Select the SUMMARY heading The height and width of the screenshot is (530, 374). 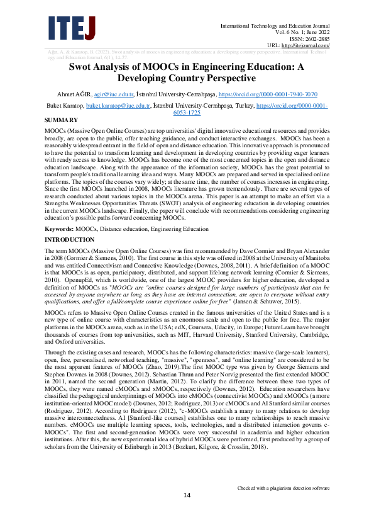point(61,120)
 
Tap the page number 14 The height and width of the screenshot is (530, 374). point(187,513)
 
